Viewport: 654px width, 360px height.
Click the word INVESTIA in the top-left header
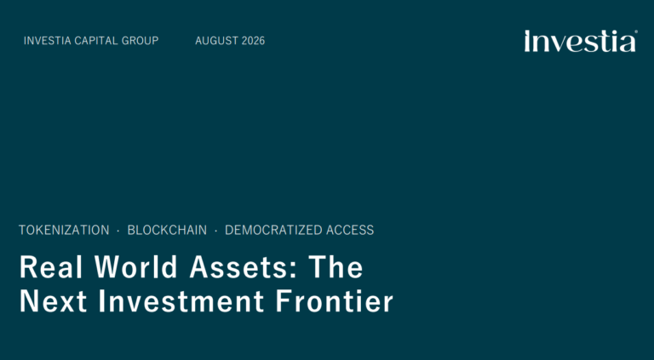point(47,41)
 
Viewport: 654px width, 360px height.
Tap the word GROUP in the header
point(135,41)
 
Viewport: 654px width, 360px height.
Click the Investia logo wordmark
point(580,41)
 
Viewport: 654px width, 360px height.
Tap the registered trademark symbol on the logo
point(635,31)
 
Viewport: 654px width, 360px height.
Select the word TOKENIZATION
point(64,230)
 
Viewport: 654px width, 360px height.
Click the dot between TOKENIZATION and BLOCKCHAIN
point(118,231)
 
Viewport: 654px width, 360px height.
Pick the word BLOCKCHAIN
point(167,230)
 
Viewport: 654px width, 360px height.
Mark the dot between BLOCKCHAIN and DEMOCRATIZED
point(215,231)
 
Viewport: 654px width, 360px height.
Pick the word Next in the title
point(54,300)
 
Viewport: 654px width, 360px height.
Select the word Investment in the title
point(181,300)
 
